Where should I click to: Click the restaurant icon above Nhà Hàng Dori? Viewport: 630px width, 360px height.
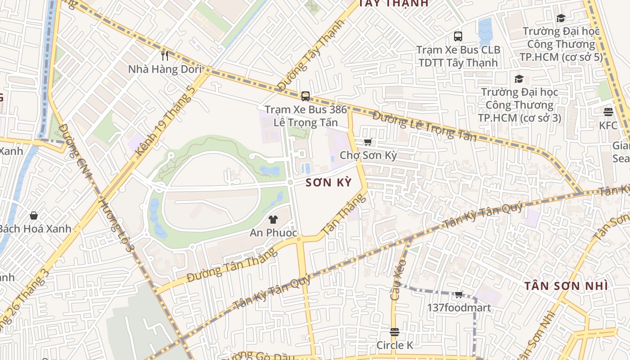[x=165, y=55]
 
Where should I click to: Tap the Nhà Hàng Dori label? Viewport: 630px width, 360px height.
[x=164, y=69]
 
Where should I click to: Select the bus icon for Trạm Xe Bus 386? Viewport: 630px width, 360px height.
[x=306, y=96]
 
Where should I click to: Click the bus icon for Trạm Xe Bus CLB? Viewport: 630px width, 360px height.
[x=458, y=36]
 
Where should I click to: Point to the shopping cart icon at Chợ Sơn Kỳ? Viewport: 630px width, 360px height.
[x=368, y=142]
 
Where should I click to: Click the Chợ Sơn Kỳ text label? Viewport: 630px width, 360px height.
[x=368, y=156]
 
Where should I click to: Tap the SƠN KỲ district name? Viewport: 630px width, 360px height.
[x=328, y=183]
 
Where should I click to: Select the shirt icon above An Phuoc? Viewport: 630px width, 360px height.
[x=273, y=220]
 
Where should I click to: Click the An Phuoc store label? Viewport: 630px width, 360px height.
[x=274, y=233]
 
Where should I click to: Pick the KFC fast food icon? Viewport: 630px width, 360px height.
[x=608, y=112]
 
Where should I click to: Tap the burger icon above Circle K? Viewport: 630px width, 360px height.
[x=395, y=332]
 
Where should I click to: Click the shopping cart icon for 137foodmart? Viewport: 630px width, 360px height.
[x=459, y=295]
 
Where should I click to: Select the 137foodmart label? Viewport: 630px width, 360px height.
[x=459, y=308]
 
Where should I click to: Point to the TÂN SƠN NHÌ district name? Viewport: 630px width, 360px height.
[x=566, y=286]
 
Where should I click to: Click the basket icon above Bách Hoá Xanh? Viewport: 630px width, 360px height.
[x=34, y=216]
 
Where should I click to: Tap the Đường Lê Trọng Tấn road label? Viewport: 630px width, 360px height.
[x=424, y=126]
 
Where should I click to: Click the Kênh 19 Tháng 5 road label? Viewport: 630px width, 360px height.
[x=166, y=120]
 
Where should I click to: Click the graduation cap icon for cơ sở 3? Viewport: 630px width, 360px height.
[x=519, y=79]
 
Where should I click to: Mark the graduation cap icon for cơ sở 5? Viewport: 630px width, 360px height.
[x=561, y=18]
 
